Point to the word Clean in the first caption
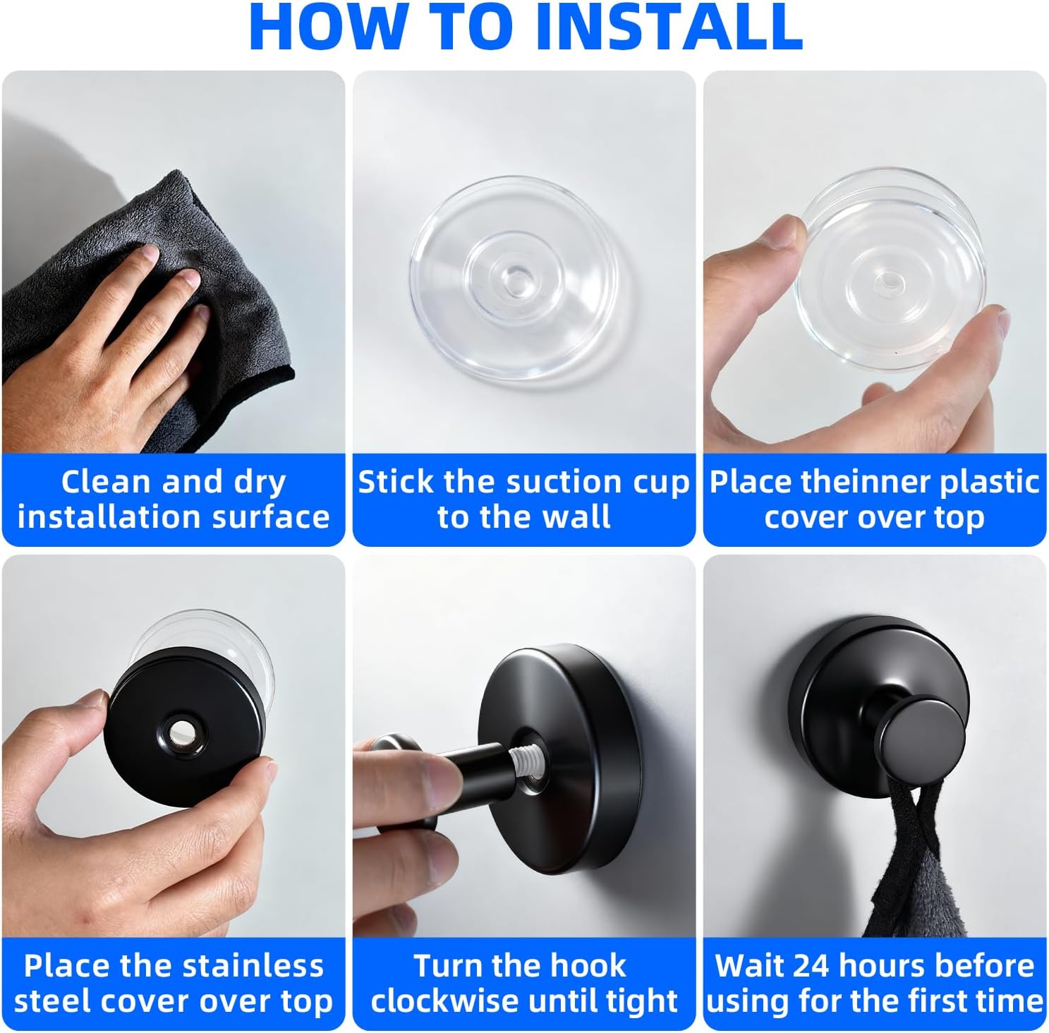pos(106,482)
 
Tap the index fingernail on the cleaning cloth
pos(150,251)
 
